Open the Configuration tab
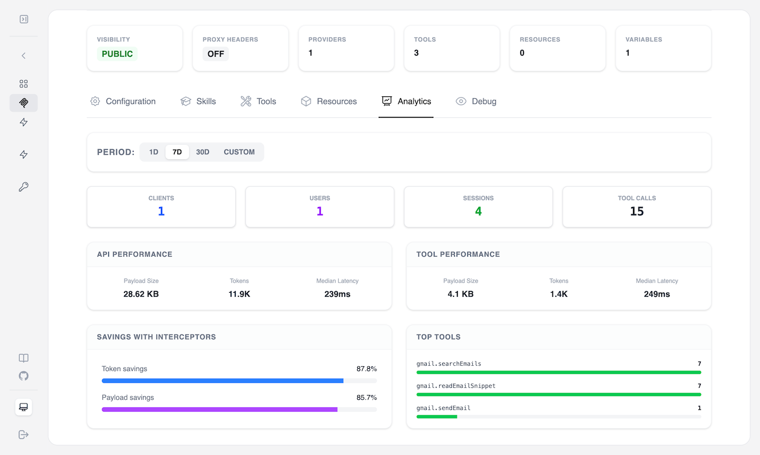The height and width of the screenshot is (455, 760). click(123, 101)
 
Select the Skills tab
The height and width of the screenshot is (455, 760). click(199, 101)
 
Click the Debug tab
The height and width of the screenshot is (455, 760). click(476, 101)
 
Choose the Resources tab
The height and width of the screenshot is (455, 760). click(329, 101)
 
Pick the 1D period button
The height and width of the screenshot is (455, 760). click(154, 152)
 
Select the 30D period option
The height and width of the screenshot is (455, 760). click(203, 152)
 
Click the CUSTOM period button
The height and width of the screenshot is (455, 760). click(239, 152)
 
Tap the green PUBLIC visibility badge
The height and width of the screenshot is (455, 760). click(117, 54)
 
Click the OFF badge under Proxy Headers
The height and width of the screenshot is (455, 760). click(215, 54)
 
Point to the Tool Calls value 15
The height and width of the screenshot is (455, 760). click(637, 211)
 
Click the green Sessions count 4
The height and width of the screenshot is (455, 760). click(478, 211)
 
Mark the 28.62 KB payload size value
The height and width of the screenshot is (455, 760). click(141, 294)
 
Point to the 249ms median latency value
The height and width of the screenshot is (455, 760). click(656, 294)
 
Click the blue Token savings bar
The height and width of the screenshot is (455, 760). click(223, 381)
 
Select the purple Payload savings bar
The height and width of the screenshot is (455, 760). click(220, 409)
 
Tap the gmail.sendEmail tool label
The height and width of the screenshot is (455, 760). click(443, 408)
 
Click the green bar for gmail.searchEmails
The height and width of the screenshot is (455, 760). click(558, 372)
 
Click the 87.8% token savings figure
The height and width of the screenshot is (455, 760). click(366, 369)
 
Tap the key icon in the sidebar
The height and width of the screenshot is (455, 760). click(24, 187)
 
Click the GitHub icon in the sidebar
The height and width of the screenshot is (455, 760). click(24, 376)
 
